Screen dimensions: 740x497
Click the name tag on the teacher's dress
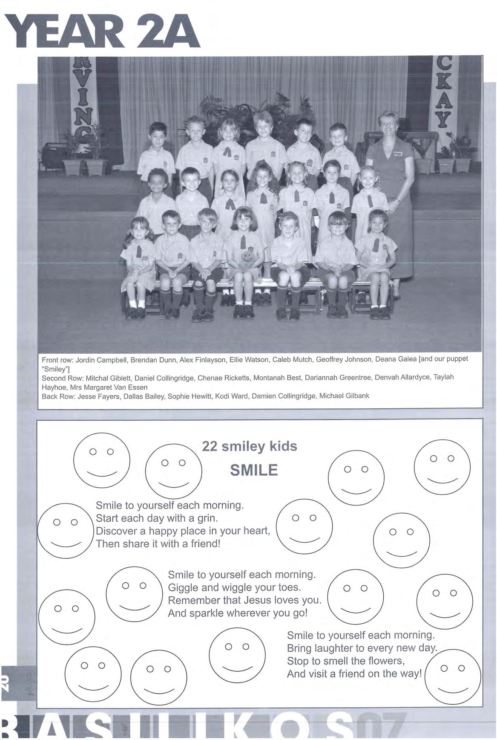coord(397,154)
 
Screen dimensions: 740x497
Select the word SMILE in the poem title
coord(254,470)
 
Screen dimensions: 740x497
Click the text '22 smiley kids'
coord(250,446)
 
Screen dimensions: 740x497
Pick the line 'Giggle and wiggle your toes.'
coord(234,587)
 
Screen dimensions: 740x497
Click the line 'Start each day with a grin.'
coord(157,518)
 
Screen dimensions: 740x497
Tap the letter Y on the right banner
coord(443,121)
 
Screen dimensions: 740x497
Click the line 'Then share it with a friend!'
coord(158,544)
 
